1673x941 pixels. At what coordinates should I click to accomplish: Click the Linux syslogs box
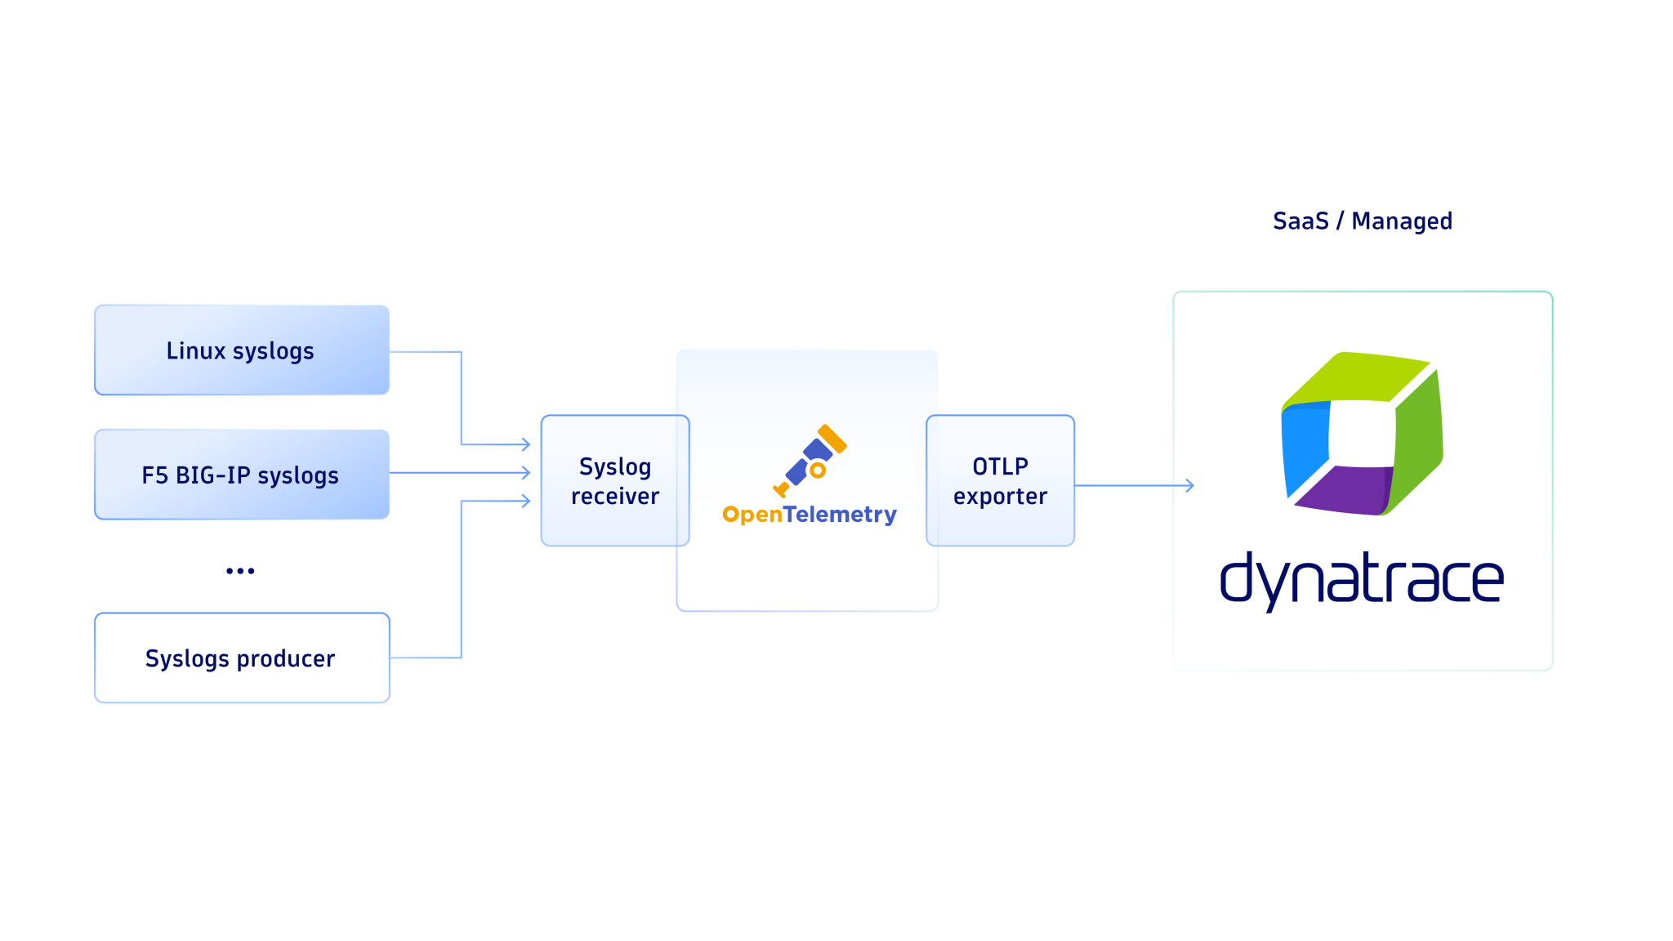(x=242, y=350)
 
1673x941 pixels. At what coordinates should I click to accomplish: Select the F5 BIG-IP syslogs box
(x=242, y=475)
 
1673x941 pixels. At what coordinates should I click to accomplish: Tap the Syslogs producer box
(x=242, y=658)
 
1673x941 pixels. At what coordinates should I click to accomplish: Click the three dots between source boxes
(x=240, y=571)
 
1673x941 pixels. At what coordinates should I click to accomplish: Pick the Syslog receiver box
(x=614, y=480)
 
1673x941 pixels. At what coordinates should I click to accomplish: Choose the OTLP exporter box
(x=1000, y=480)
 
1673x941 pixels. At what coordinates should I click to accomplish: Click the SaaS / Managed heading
(x=1362, y=221)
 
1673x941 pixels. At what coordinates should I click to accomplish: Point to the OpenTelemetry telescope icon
(x=810, y=461)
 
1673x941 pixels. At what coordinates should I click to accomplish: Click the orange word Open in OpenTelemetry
(x=752, y=515)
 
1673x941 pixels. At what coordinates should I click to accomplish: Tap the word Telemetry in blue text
(x=840, y=515)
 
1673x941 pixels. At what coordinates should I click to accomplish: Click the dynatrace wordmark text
(x=1361, y=579)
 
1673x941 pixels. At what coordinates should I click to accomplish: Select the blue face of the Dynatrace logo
(x=1305, y=445)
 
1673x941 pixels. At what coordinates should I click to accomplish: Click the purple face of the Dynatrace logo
(x=1345, y=490)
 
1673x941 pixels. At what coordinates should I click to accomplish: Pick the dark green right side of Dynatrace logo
(x=1418, y=441)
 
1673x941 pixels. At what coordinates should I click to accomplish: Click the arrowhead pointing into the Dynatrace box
(x=1190, y=485)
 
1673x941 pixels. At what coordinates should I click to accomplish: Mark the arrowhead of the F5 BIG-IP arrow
(x=526, y=472)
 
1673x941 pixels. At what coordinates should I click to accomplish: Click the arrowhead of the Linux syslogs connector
(x=526, y=444)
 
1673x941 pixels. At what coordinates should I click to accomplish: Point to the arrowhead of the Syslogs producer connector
(x=526, y=501)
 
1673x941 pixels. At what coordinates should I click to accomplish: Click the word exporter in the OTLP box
(x=1000, y=497)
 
